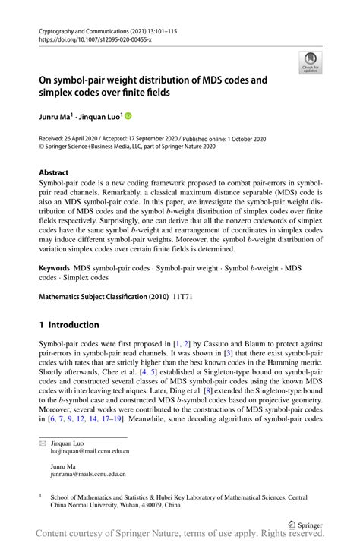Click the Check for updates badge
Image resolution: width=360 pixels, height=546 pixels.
pos(310,63)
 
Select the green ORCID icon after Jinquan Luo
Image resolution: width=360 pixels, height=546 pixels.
pos(128,116)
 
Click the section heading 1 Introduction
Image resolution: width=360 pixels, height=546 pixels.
pos(69,324)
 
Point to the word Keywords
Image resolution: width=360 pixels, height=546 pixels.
pos(54,268)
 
